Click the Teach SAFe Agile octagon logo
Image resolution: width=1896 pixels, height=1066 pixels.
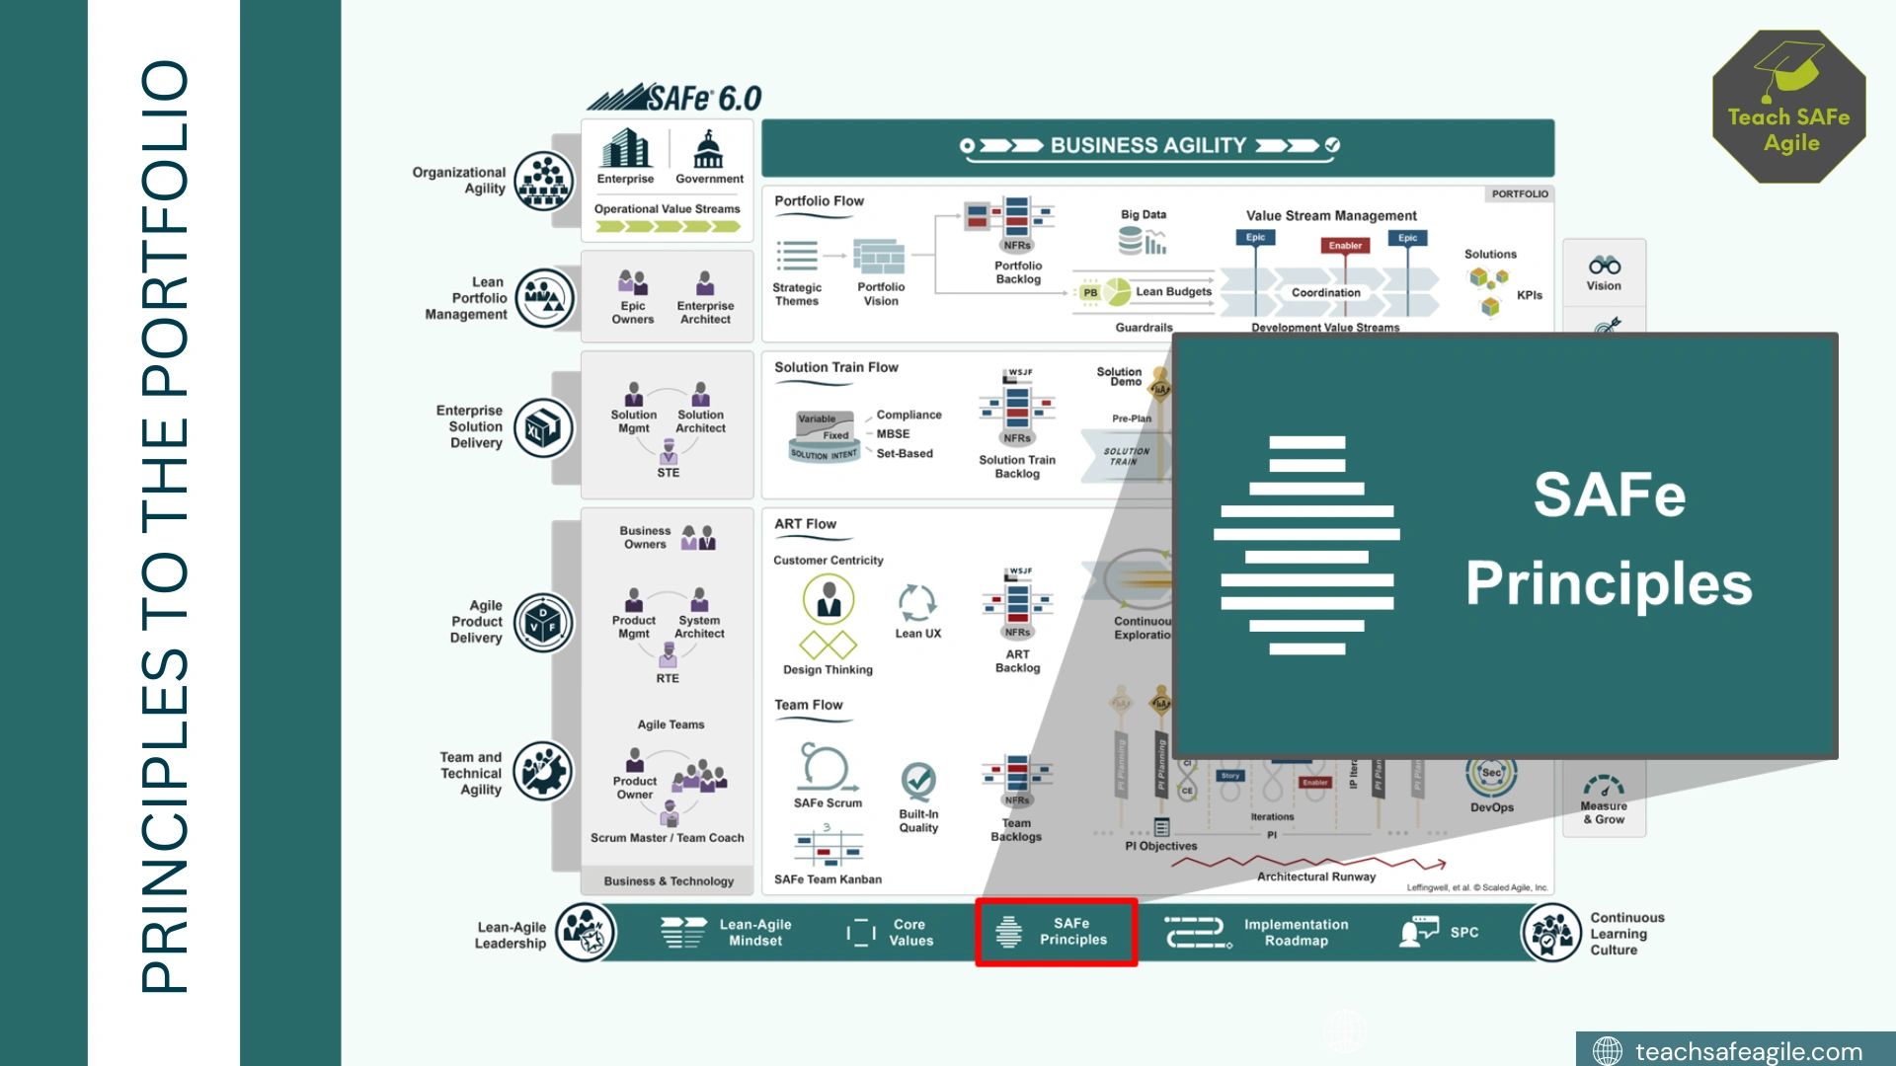click(x=1788, y=107)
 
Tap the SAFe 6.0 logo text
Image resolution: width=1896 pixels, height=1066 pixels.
click(x=674, y=98)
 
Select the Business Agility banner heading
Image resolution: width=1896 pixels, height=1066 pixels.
click(x=1148, y=146)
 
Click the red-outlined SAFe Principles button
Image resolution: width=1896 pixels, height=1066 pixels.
click(x=1056, y=932)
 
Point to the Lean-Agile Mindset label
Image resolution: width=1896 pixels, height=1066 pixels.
click(x=755, y=932)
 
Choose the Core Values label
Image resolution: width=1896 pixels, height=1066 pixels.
click(x=909, y=932)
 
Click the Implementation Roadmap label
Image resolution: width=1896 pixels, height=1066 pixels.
click(x=1296, y=932)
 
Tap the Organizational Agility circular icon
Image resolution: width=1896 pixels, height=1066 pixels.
click(x=544, y=181)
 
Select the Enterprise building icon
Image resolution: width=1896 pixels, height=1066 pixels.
click(x=626, y=149)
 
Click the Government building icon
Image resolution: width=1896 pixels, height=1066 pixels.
click(x=708, y=150)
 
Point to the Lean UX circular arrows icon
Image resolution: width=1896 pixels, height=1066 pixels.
click(x=917, y=602)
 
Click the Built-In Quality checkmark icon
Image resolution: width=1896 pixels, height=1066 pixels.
click(x=918, y=782)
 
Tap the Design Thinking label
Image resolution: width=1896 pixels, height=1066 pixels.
click(x=828, y=669)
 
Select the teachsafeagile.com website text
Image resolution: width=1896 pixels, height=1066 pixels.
click(x=1748, y=1051)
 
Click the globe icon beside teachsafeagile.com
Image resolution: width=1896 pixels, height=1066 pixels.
click(x=1608, y=1051)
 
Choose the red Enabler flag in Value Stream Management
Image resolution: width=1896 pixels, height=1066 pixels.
click(x=1345, y=246)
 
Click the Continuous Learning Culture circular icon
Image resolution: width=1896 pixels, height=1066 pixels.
click(x=1551, y=933)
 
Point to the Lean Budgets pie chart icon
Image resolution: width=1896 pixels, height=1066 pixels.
click(x=1118, y=291)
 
